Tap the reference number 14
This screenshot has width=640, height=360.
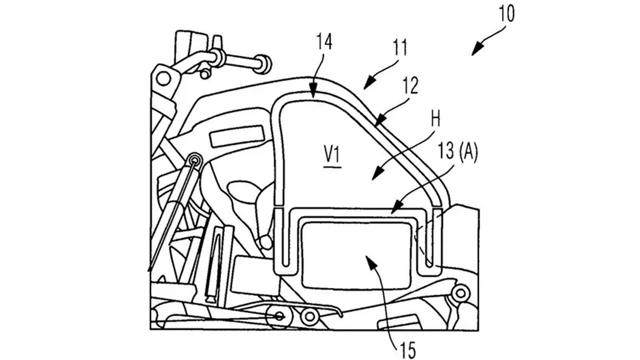tap(324, 42)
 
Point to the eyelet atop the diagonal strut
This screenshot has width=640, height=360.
tap(195, 160)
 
